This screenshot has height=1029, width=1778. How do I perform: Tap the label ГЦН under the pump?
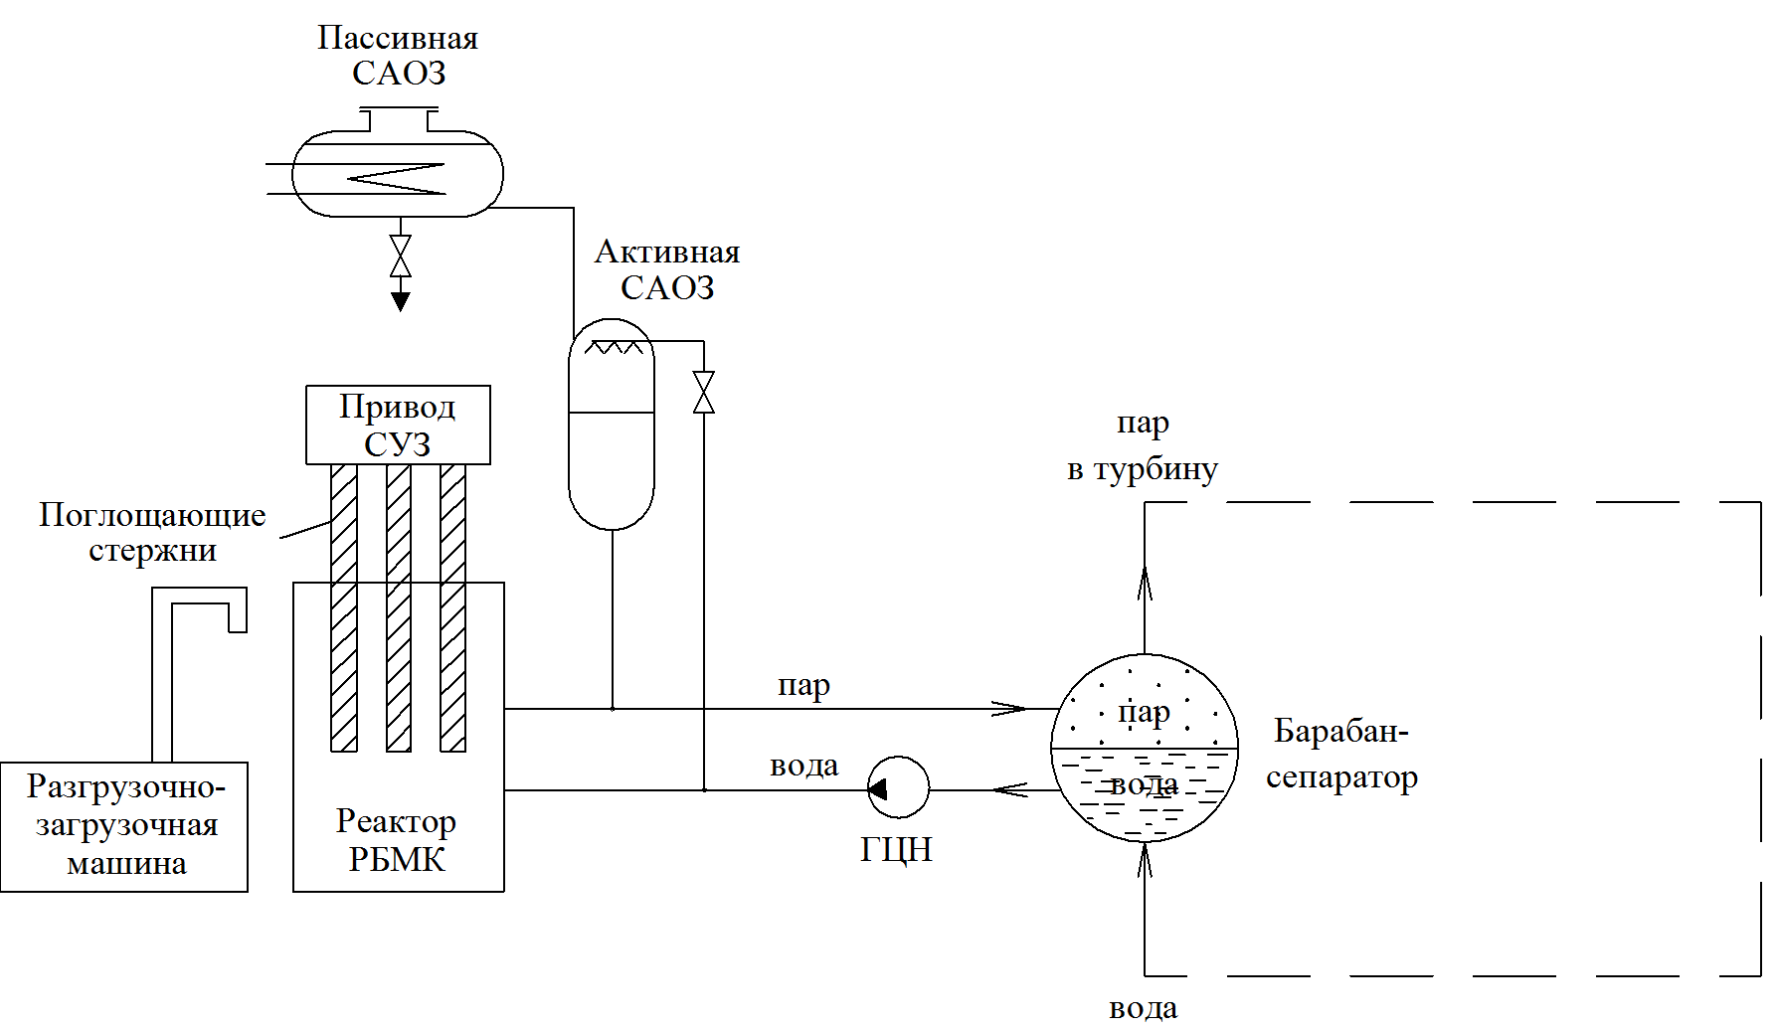tap(896, 850)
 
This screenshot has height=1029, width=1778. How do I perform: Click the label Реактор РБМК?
tap(397, 840)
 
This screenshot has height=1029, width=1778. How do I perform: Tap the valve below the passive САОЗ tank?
tap(401, 256)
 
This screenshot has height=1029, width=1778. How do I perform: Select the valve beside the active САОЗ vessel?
tap(704, 392)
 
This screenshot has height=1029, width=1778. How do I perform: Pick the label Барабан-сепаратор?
tap(1341, 754)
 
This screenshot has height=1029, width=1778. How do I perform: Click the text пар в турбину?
tap(1143, 446)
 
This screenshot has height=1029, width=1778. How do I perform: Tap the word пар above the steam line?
tap(803, 686)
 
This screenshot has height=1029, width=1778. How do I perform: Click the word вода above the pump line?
tap(804, 766)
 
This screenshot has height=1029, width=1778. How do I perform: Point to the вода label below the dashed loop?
tap(1144, 1009)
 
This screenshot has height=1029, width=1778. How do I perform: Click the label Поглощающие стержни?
tap(152, 532)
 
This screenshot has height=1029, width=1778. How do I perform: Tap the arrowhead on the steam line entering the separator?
tap(1009, 709)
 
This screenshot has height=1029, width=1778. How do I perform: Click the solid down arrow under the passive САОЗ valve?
tap(401, 301)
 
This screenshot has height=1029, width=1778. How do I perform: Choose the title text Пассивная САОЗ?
tap(398, 55)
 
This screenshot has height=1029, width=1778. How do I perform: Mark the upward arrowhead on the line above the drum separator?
tap(1145, 584)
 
